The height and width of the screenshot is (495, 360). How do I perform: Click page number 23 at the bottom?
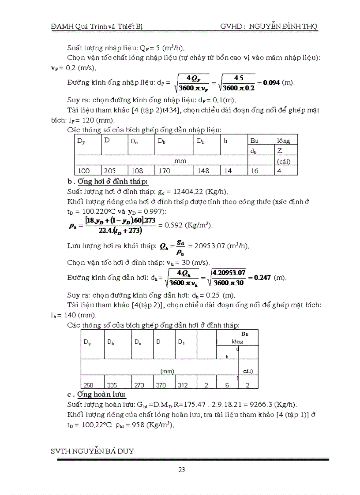click(181, 469)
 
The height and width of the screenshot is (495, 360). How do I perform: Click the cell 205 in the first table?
click(110, 171)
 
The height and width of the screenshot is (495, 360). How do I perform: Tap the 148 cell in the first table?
click(203, 171)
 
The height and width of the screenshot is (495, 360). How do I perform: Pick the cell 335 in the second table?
click(113, 385)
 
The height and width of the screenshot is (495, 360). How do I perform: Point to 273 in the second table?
click(139, 385)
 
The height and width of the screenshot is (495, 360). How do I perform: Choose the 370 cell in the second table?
click(161, 385)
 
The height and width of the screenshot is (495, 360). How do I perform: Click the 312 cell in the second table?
click(183, 385)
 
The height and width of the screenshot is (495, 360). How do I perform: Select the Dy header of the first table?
click(81, 141)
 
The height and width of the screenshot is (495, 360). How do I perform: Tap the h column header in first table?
click(225, 141)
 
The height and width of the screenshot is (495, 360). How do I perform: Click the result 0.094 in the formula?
click(271, 82)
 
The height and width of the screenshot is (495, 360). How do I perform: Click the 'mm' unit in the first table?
click(180, 161)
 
